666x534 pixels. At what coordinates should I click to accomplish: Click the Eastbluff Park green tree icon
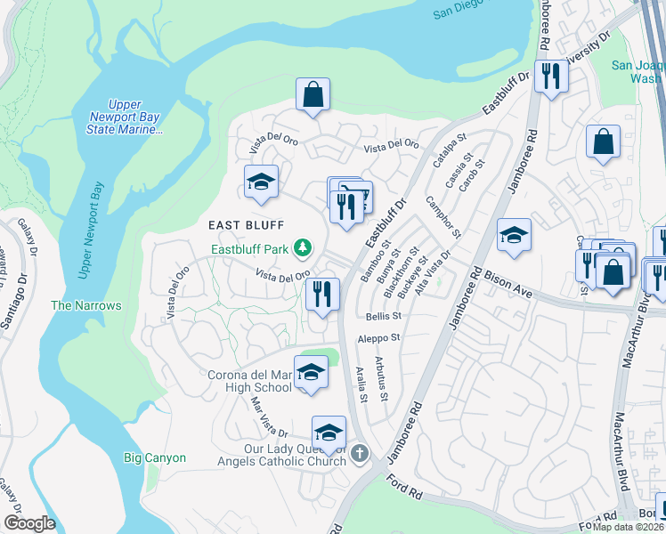pos(304,247)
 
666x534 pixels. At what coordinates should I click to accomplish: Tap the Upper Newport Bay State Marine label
pos(125,117)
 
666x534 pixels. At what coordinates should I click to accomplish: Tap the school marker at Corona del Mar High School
pos(311,373)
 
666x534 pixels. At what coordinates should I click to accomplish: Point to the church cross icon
pos(360,454)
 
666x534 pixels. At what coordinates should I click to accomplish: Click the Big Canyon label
pos(155,457)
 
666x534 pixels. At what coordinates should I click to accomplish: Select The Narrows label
pos(85,305)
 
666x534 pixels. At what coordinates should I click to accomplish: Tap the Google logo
pos(29,522)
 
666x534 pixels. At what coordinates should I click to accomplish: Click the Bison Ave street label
pos(508,284)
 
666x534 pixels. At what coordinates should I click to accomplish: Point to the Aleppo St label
pos(380,338)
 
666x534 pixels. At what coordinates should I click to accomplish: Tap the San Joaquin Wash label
pos(636,71)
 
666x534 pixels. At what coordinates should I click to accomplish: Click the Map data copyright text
pos(628,527)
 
